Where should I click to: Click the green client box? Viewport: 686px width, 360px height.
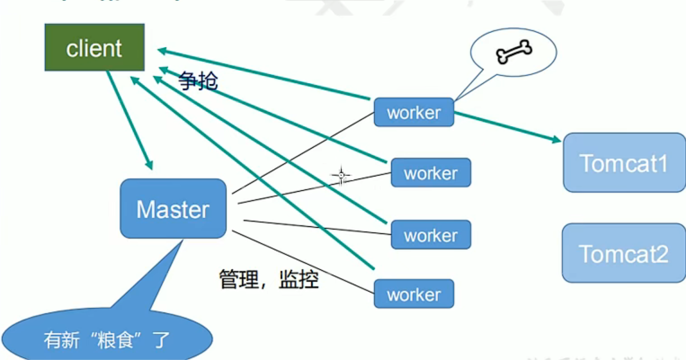(x=95, y=48)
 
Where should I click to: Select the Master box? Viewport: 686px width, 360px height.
(x=173, y=209)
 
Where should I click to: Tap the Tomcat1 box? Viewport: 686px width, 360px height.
(x=624, y=163)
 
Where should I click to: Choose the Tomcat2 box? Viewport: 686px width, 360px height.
(x=624, y=253)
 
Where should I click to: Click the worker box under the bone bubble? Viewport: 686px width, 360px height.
(x=414, y=113)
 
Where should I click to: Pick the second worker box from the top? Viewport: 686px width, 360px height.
(x=431, y=173)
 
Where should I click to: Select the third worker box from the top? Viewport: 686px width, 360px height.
(x=431, y=235)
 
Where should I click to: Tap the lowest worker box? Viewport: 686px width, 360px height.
(x=414, y=294)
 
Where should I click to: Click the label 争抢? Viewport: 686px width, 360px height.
(x=198, y=81)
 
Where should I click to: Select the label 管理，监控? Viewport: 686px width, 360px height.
(x=269, y=279)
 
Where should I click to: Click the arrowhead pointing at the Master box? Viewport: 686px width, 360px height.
(x=150, y=164)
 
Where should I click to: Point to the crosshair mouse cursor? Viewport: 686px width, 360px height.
(x=341, y=176)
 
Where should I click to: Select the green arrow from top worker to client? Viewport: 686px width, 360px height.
(x=264, y=74)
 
